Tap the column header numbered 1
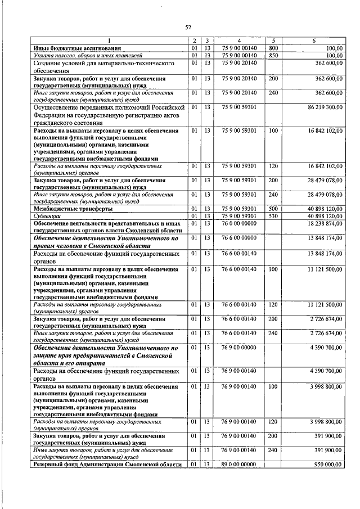(x=109, y=40)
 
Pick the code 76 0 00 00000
(x=239, y=223)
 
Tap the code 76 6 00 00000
(x=239, y=238)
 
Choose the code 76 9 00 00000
(x=239, y=348)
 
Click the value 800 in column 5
(x=274, y=48)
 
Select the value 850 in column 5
(x=274, y=56)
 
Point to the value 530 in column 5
(x=274, y=216)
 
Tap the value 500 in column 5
(x=274, y=209)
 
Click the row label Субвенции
(x=48, y=216)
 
